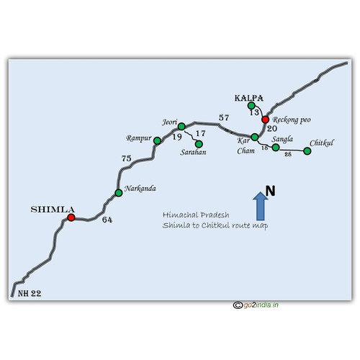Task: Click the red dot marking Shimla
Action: coord(71,217)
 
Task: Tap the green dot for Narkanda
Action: coord(119,193)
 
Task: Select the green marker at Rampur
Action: coord(157,140)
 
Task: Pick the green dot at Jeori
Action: coord(181,126)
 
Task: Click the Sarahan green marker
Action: coord(199,144)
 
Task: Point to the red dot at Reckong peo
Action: coord(265,120)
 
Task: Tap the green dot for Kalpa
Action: coord(251,105)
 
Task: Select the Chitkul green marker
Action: coord(307,151)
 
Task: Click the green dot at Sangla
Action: coord(276,148)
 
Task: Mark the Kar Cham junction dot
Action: coord(255,137)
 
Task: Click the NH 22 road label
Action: coord(30,293)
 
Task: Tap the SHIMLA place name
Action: coord(53,210)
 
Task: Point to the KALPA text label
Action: coord(249,98)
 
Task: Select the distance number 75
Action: coord(127,158)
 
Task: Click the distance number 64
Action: coord(107,220)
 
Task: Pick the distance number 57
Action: coord(224,117)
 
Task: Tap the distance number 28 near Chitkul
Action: coord(288,154)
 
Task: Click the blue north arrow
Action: coord(261,206)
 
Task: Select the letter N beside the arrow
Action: coord(270,191)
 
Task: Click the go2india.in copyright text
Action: coord(256,305)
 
